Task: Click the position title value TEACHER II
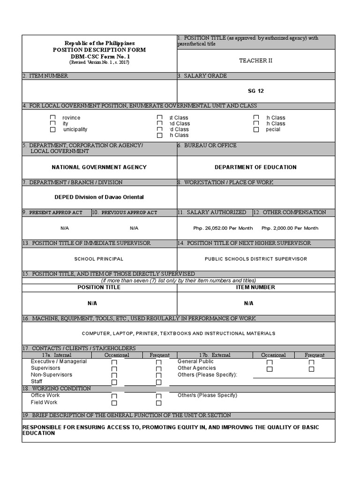pos(255,60)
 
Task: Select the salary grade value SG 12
pos(256,91)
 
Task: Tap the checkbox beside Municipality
pos(53,129)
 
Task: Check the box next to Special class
pos(256,129)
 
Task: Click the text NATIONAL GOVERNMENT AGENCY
pos(99,167)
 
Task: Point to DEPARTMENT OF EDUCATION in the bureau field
pos(255,167)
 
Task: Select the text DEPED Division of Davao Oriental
pos(99,197)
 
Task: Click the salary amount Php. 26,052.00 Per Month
pos(216,228)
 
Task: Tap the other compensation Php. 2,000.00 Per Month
pos(290,228)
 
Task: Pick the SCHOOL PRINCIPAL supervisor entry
pos(99,259)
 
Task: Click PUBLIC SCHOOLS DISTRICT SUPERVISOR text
pos(256,259)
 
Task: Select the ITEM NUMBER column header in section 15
pos(255,287)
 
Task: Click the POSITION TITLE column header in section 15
pos(99,287)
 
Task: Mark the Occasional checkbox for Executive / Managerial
pos(114,362)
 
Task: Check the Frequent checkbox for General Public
pos(311,362)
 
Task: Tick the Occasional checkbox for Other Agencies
pos(270,369)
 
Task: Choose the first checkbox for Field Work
pos(114,403)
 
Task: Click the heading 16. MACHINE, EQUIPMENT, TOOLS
pos(139,319)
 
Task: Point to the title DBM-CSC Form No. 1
pos(99,56)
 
